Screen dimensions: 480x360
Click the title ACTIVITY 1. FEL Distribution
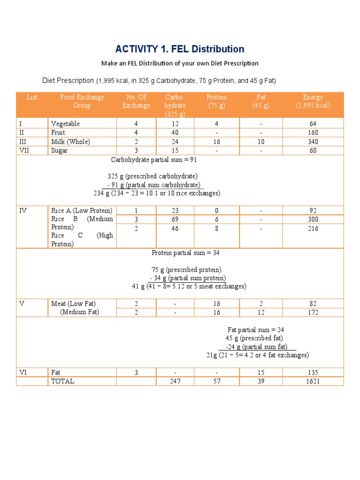(x=180, y=49)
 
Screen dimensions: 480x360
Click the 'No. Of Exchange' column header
(x=136, y=101)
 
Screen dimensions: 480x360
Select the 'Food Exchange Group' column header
(x=82, y=101)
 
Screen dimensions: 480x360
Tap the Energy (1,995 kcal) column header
(x=313, y=101)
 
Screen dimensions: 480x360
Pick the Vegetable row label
(x=66, y=124)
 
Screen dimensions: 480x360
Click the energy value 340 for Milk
(x=313, y=142)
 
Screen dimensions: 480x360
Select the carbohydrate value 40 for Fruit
(x=175, y=133)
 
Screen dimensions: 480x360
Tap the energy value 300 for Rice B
(x=313, y=219)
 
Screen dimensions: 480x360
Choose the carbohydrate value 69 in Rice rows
(x=175, y=219)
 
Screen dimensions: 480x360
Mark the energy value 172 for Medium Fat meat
(x=313, y=312)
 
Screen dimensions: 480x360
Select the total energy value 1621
(x=313, y=381)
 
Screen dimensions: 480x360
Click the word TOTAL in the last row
(x=63, y=381)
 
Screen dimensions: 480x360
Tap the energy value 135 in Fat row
(x=313, y=373)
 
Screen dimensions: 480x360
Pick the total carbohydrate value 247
(x=175, y=381)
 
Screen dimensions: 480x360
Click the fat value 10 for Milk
(x=261, y=142)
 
